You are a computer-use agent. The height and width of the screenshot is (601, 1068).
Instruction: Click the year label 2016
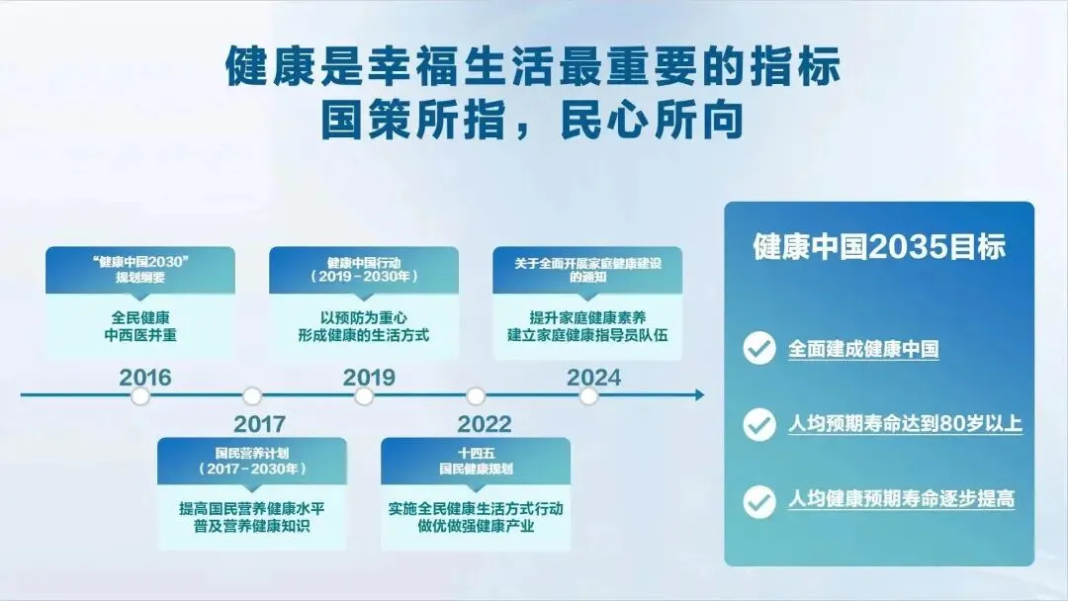(x=145, y=377)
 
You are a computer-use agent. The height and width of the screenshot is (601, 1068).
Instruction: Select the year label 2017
(x=259, y=424)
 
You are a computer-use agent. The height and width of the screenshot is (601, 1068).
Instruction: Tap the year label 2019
(x=369, y=377)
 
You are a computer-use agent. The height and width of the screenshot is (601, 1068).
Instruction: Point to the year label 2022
(x=485, y=424)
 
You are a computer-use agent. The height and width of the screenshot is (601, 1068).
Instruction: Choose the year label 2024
(x=594, y=377)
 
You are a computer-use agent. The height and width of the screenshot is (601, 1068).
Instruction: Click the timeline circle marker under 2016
(x=140, y=395)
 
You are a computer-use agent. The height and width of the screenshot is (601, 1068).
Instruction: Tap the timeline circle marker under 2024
(x=588, y=395)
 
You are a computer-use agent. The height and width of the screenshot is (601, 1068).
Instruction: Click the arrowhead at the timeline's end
(x=699, y=394)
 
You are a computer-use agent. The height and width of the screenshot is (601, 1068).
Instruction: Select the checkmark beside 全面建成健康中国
(x=758, y=349)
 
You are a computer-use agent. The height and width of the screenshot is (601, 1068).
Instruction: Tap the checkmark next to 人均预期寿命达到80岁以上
(x=758, y=425)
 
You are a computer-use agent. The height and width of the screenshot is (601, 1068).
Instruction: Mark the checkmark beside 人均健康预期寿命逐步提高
(x=758, y=501)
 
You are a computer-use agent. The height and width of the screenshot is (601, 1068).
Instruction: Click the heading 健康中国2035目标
(x=879, y=246)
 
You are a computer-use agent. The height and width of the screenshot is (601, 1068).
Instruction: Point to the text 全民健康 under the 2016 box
(x=140, y=318)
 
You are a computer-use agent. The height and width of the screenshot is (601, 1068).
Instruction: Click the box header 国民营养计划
(x=252, y=454)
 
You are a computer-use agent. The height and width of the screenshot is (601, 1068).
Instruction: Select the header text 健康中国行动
(x=364, y=263)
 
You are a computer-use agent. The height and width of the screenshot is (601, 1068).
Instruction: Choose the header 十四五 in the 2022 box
(x=476, y=454)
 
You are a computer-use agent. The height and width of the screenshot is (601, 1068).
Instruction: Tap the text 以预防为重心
(x=364, y=318)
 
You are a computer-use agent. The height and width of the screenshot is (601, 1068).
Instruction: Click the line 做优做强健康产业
(x=476, y=526)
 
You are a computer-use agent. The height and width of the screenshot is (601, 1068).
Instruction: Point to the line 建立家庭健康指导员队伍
(x=587, y=335)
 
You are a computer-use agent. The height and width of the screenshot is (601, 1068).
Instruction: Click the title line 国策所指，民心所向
(x=531, y=121)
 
